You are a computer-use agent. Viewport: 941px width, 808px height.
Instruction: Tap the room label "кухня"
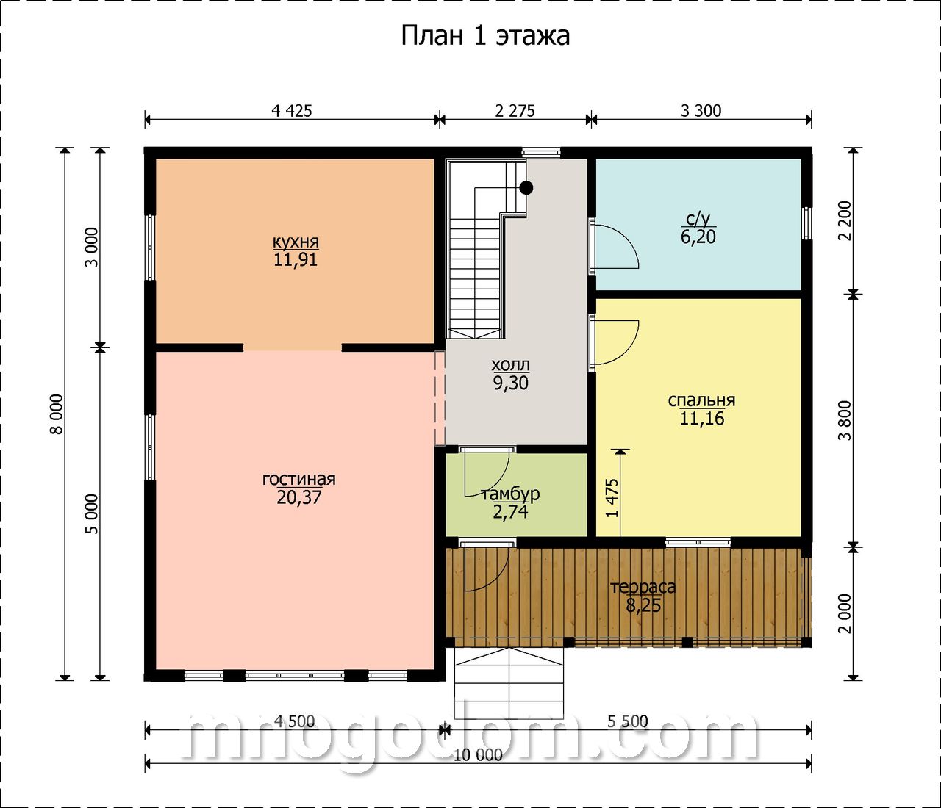pos(296,242)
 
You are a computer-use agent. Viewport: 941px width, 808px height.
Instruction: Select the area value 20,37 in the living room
pos(299,497)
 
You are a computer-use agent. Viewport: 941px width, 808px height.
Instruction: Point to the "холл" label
pos(510,365)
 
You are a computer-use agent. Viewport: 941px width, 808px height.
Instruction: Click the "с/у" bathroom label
pos(698,220)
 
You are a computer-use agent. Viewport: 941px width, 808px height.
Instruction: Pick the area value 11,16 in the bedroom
pos(701,418)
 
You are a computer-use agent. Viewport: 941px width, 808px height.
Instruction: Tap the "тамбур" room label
pos(511,494)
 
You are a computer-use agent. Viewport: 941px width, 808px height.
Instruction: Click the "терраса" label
pos(643,587)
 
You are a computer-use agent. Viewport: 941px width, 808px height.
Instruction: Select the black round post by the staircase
pos(526,187)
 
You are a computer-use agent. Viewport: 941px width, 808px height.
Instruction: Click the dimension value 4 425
pos(292,111)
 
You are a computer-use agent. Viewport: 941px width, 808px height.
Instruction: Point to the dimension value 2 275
pos(515,111)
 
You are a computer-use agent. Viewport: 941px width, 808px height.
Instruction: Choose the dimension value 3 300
pos(701,111)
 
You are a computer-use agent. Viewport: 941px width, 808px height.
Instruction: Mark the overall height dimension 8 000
pos(57,414)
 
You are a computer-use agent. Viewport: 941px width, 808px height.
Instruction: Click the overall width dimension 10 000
pos(478,755)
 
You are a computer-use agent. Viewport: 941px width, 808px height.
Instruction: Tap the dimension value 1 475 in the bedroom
pos(613,498)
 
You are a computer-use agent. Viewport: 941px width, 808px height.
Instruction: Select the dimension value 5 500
pos(627,721)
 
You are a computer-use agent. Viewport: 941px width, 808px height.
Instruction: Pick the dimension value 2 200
pos(846,220)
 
